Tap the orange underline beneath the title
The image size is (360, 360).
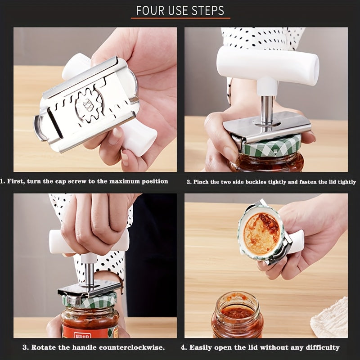(x=180, y=18)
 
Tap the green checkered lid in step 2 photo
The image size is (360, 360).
(x=270, y=147)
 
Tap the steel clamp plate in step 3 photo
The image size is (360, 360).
(x=90, y=288)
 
